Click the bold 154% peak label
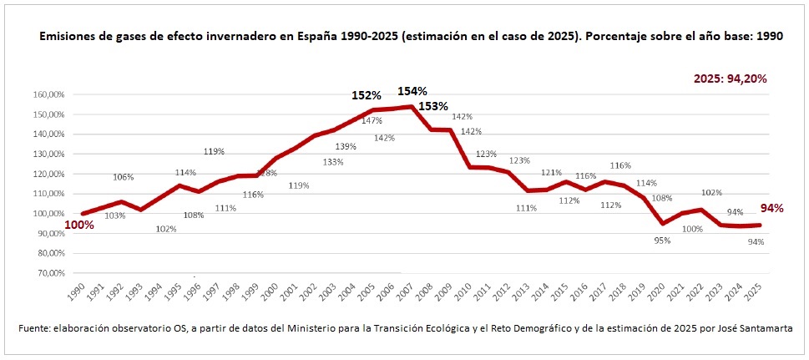pyautogui.click(x=412, y=90)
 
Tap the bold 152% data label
pyautogui.click(x=366, y=95)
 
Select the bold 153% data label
pyautogui.click(x=433, y=106)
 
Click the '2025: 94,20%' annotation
pyautogui.click(x=731, y=79)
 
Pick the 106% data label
pyautogui.click(x=123, y=176)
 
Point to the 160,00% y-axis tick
pyautogui.click(x=49, y=94)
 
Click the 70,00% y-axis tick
pyautogui.click(x=51, y=273)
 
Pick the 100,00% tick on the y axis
pyautogui.click(x=49, y=214)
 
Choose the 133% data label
pyautogui.click(x=332, y=162)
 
